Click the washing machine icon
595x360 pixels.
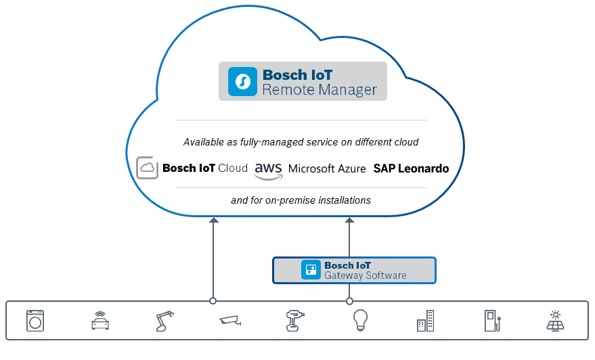[35, 320]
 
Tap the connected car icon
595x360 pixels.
[100, 321]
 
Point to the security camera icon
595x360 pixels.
[229, 320]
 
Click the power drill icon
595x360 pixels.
[294, 320]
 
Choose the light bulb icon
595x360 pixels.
[359, 320]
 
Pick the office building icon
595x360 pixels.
[425, 321]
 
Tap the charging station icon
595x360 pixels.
[490, 320]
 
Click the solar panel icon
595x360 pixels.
[555, 320]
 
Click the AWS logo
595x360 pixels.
[268, 171]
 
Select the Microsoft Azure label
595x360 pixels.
[327, 168]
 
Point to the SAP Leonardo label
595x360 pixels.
[411, 168]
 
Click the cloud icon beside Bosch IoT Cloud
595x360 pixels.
[148, 168]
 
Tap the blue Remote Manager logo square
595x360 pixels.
[242, 81]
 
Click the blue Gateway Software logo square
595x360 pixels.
[311, 270]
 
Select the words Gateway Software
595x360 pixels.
[365, 275]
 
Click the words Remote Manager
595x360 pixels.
[319, 89]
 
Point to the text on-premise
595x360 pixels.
[287, 200]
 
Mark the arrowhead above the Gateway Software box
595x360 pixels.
[349, 220]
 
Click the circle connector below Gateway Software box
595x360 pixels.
[349, 301]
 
